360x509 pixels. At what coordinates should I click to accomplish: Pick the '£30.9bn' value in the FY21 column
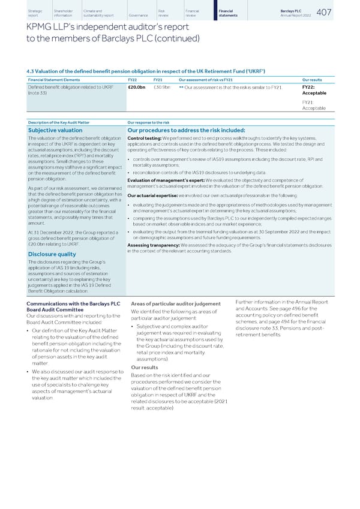[162, 88]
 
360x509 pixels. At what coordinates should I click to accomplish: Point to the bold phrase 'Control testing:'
[145, 138]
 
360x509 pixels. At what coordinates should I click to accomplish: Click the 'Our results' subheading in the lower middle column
[144, 368]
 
